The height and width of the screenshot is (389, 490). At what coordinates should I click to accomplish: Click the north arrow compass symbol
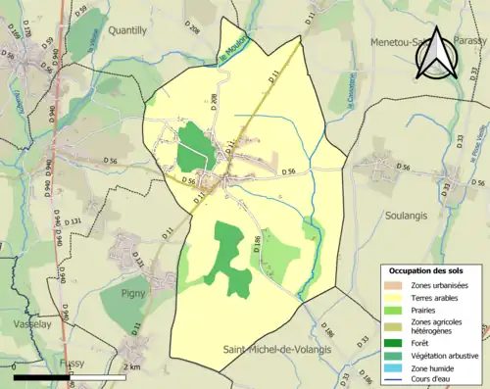pyautogui.click(x=434, y=53)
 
